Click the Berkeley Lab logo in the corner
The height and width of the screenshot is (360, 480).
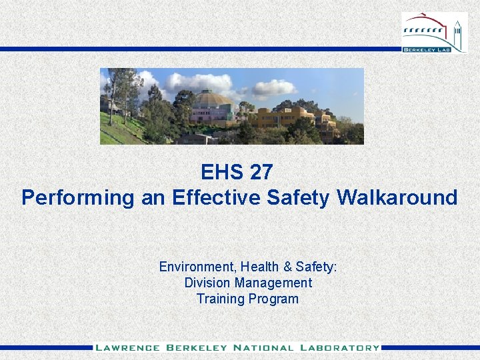[434, 33]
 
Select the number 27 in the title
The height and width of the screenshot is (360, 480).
[261, 173]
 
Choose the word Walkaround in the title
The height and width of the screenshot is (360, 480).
[397, 197]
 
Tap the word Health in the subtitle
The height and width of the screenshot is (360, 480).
[258, 267]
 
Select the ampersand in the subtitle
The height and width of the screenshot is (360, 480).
[288, 267]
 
